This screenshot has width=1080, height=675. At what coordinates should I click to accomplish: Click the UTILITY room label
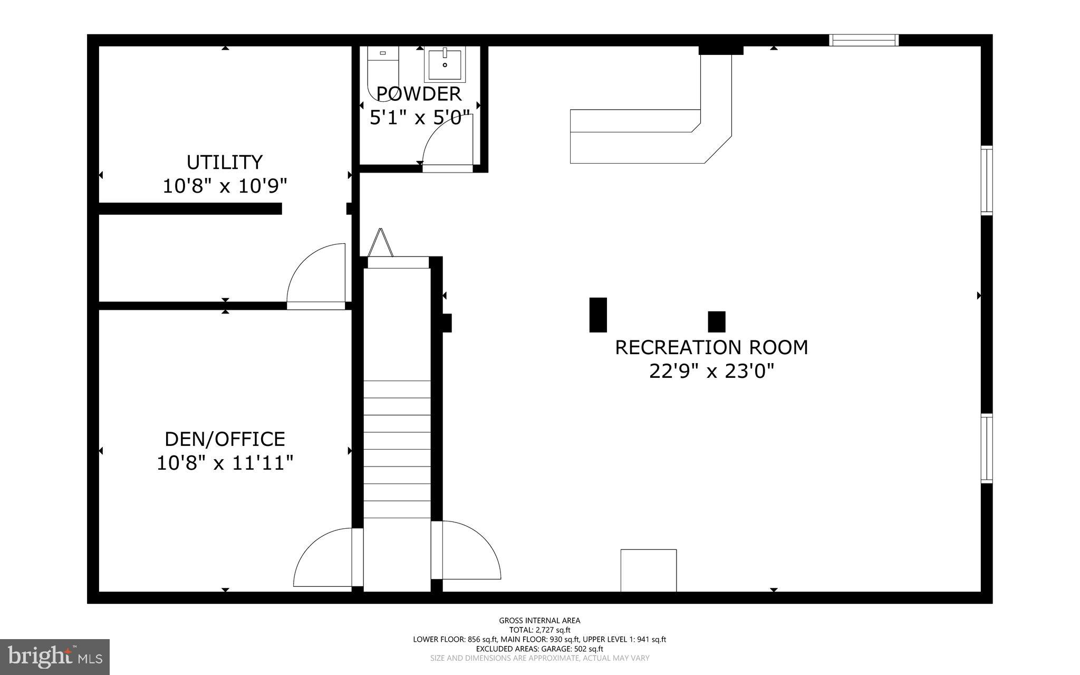click(225, 162)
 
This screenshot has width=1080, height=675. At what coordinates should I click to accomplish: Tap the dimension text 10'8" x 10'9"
click(225, 186)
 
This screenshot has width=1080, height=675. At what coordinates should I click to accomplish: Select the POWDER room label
click(419, 94)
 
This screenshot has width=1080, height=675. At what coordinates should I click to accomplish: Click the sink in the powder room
click(445, 64)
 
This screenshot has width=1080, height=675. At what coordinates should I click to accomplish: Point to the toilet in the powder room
click(382, 69)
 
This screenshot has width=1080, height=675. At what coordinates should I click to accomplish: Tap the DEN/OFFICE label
click(225, 439)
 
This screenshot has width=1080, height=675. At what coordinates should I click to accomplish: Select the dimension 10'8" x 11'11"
click(225, 463)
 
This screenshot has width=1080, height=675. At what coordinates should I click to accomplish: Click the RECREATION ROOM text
click(711, 347)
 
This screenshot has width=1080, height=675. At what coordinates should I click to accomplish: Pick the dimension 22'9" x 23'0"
click(711, 372)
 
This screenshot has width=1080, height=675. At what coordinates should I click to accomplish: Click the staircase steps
click(397, 449)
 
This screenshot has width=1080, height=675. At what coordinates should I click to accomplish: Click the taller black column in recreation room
click(597, 315)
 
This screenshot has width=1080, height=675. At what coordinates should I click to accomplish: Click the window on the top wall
click(863, 40)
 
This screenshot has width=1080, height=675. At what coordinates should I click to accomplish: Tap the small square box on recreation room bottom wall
click(648, 570)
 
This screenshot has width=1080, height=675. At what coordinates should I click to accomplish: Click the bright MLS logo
click(55, 657)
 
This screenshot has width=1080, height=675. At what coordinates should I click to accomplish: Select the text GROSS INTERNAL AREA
click(539, 621)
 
